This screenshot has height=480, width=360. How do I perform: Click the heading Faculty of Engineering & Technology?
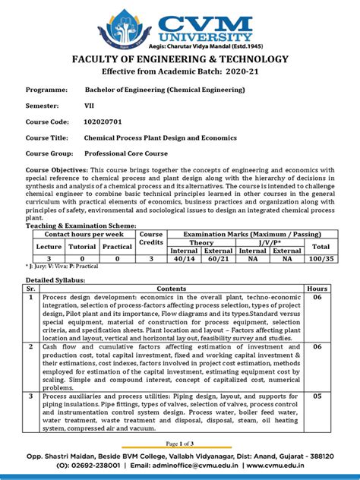180,59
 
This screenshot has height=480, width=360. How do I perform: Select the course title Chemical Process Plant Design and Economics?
160,137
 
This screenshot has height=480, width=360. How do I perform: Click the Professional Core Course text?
132,153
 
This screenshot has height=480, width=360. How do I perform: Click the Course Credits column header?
150,239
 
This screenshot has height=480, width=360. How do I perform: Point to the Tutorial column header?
82,247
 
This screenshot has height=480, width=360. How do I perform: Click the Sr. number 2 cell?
32,346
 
